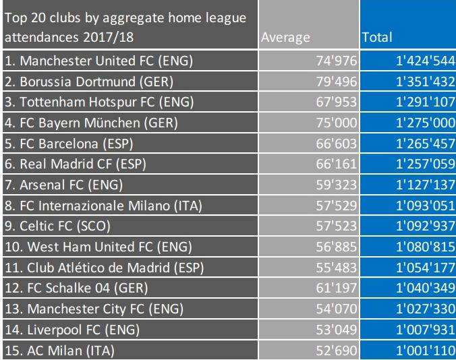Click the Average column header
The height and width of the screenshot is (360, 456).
[x=286, y=38]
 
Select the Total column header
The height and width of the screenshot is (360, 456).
[x=377, y=38]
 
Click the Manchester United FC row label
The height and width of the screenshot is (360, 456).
[x=99, y=61]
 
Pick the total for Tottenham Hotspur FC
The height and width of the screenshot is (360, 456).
[x=425, y=102]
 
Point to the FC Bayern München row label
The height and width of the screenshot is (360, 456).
[x=90, y=123]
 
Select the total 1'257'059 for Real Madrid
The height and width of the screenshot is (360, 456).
[x=425, y=164]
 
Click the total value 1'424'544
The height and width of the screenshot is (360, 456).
[x=425, y=61]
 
